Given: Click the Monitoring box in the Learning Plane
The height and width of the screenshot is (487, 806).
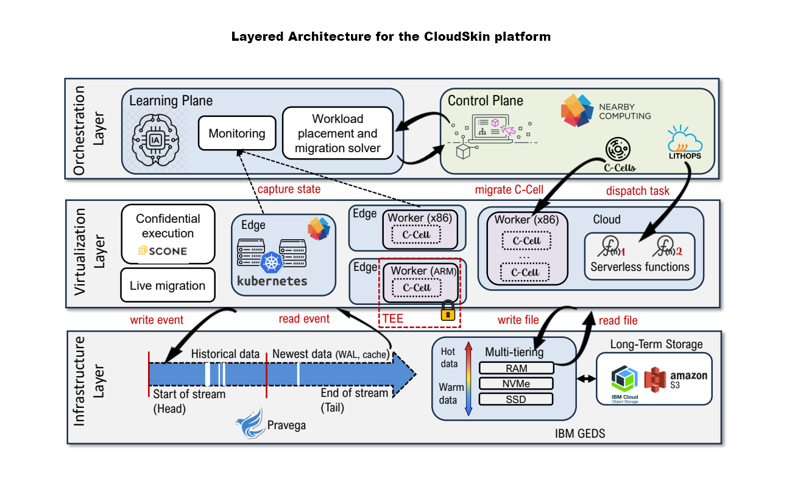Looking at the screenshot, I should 237,133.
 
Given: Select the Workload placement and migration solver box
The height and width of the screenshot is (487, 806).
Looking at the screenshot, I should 338,133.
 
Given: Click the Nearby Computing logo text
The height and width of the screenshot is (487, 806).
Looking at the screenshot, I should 624,111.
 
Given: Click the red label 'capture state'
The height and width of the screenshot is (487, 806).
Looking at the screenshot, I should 288,189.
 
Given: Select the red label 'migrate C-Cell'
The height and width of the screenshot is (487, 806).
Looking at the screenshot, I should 509,189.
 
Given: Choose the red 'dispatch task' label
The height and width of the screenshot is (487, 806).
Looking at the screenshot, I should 638,191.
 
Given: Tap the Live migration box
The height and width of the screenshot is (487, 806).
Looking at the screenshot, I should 168,285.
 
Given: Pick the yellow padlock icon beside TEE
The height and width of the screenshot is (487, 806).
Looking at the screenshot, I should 448,310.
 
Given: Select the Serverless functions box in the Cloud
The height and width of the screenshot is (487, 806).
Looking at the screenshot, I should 640,256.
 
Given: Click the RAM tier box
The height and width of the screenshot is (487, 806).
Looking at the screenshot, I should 516,368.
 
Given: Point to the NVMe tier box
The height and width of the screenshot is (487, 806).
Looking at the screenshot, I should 516,384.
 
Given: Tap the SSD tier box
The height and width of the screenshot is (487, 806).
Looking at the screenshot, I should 516,399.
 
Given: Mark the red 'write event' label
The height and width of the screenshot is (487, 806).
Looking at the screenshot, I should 157,319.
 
